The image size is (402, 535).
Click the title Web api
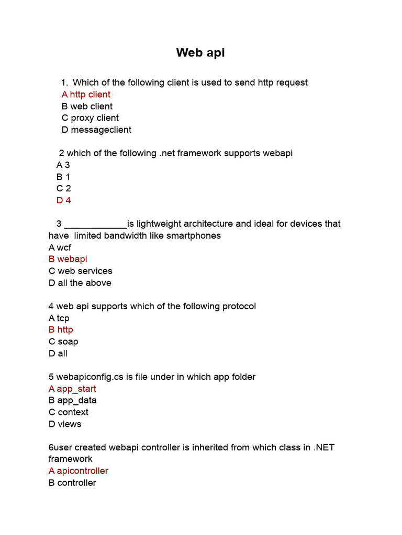point(200,53)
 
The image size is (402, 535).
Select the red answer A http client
point(86,95)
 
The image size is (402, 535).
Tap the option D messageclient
point(96,130)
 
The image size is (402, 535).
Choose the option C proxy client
point(90,118)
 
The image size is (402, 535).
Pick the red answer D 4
point(63,201)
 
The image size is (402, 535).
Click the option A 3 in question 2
point(63,165)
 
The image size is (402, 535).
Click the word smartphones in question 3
point(191,236)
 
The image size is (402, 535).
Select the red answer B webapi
point(68,259)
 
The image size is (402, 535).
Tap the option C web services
point(80,271)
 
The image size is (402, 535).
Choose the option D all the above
point(80,283)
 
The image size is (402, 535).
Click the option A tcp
point(59,318)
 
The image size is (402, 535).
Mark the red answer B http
point(61,330)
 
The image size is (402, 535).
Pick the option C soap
point(63,342)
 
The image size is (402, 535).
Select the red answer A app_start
point(72,389)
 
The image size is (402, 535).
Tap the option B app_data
point(72,401)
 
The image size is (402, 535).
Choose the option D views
point(65,424)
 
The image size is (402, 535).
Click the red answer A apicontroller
point(78,471)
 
